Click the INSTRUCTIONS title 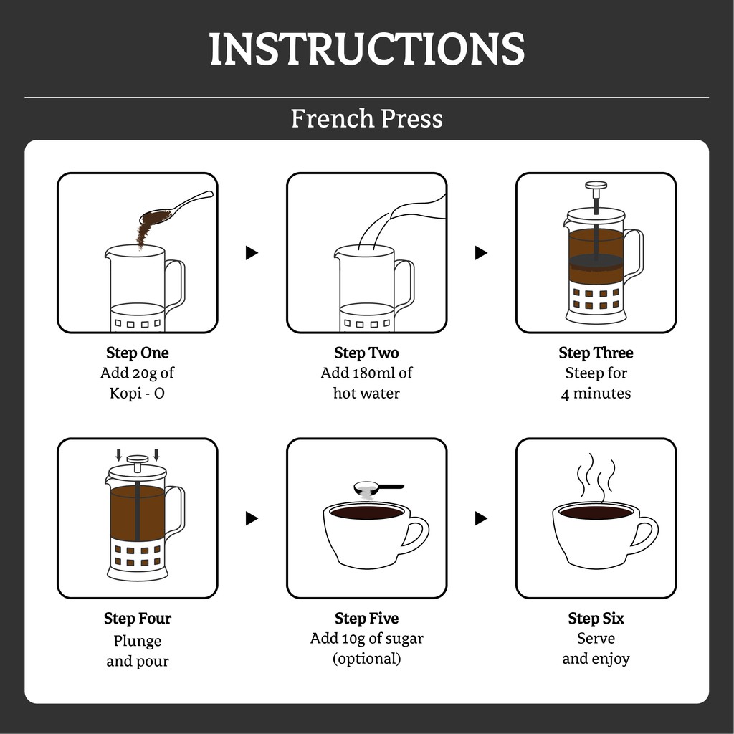[x=367, y=49]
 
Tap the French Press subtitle [x=367, y=118]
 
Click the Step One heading [x=137, y=353]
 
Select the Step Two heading [x=366, y=353]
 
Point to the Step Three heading [x=596, y=353]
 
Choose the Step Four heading [x=137, y=619]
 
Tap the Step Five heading [x=366, y=619]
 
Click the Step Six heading [x=596, y=619]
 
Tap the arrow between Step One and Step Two [x=252, y=253]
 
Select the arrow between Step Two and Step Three [x=481, y=253]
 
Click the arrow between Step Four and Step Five [x=252, y=518]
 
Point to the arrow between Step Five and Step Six [x=481, y=518]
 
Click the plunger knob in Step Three [x=596, y=186]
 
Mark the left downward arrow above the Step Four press [x=118, y=455]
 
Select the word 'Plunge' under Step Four [x=137, y=641]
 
